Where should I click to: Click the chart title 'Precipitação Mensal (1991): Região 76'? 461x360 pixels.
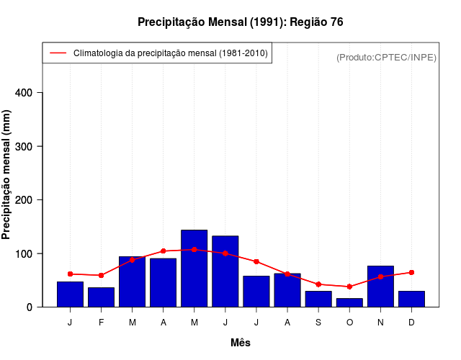pyautogui.click(x=240, y=22)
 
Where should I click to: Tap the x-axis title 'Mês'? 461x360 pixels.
pyautogui.click(x=241, y=343)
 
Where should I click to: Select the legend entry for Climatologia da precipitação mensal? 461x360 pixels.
pyautogui.click(x=157, y=53)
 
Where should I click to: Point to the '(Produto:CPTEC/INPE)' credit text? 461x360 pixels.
pyautogui.click(x=386, y=57)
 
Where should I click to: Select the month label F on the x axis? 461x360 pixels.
pyautogui.click(x=102, y=323)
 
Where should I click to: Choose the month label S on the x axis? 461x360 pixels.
pyautogui.click(x=318, y=323)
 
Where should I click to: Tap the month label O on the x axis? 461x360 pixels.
pyautogui.click(x=349, y=323)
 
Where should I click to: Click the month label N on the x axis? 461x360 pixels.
pyautogui.click(x=380, y=323)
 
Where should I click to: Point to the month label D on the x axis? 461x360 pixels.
pyautogui.click(x=411, y=323)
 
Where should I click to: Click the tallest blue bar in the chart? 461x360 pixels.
pyautogui.click(x=194, y=269)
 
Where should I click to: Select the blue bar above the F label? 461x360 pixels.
pyautogui.click(x=102, y=297)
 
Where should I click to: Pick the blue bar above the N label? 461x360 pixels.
pyautogui.click(x=380, y=287)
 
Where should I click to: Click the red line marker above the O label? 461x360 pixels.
pyautogui.click(x=349, y=287)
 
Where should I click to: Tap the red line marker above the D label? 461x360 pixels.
pyautogui.click(x=411, y=272)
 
